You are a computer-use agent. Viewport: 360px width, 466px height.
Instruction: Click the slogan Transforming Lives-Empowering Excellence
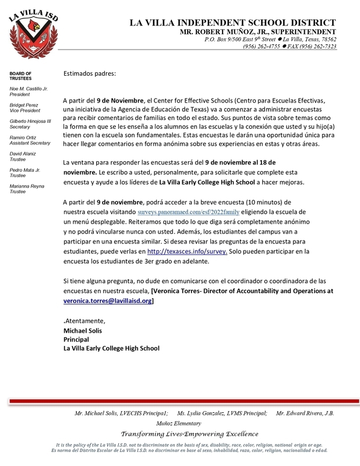[x=189, y=434]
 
